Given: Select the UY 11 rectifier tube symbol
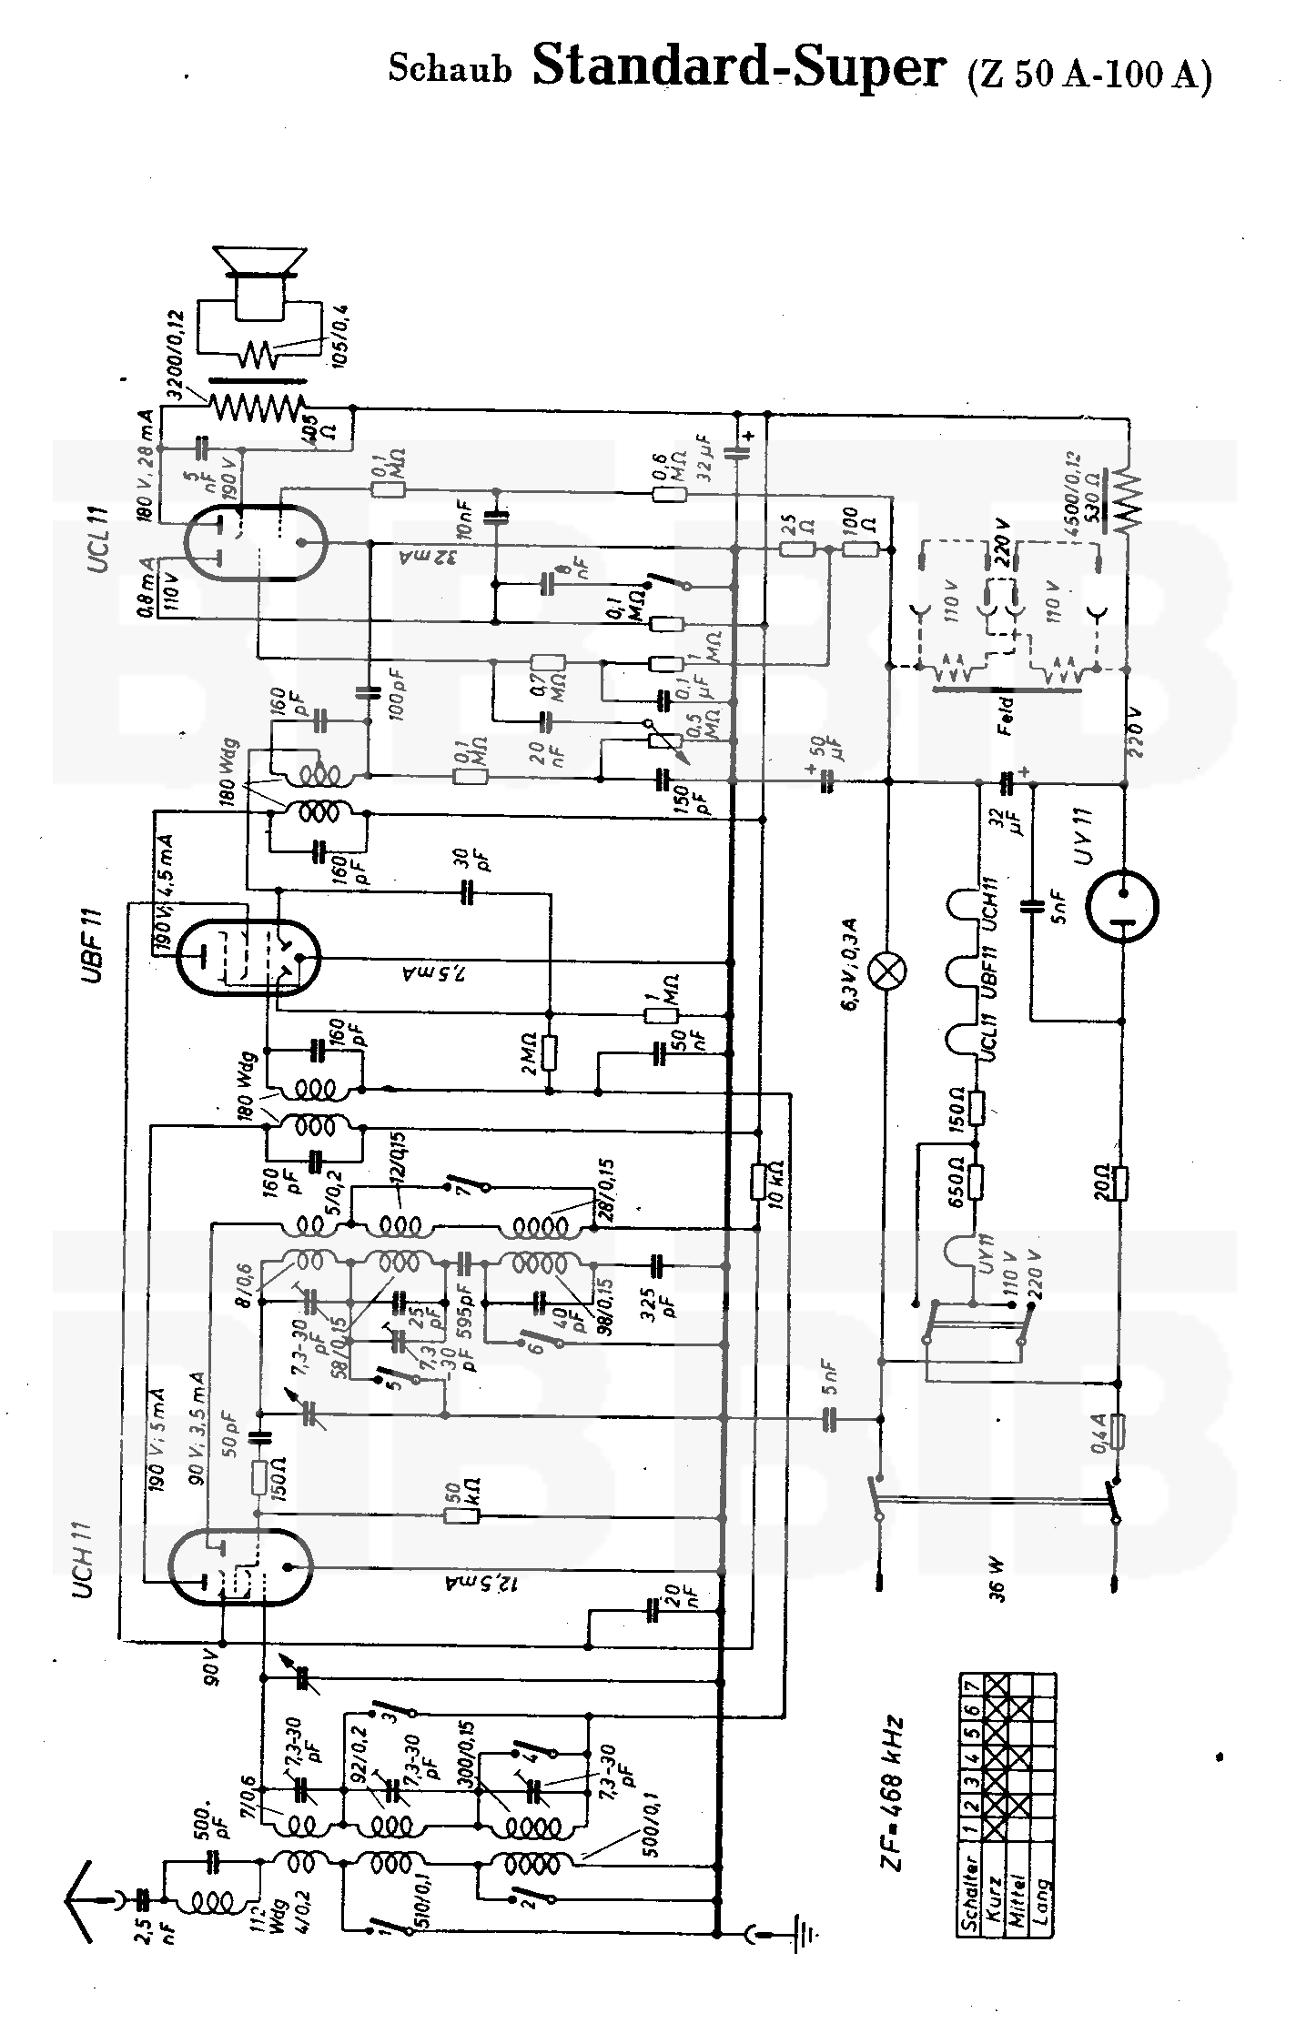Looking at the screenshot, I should pos(1123,905).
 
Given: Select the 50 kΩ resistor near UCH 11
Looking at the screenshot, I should pos(461,1515).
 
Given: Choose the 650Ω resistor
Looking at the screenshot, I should pos(977,1182).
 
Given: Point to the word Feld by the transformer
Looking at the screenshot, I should pos(1005,713).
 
